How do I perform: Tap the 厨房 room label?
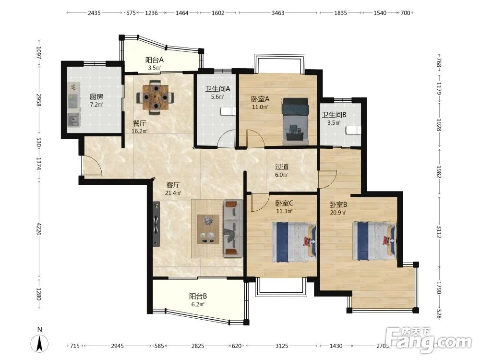(x=96, y=97)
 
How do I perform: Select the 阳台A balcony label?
(x=155, y=60)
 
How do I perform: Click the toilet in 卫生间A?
(x=228, y=111)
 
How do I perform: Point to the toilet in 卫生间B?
(x=353, y=130)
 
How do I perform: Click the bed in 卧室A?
(x=295, y=121)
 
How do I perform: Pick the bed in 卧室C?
(x=294, y=242)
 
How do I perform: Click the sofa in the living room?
(x=233, y=228)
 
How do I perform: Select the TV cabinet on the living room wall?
(x=156, y=224)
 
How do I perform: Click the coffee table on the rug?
(x=208, y=229)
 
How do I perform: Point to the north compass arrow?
(x=39, y=343)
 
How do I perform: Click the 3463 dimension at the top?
(x=278, y=13)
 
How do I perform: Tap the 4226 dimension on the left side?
(x=39, y=229)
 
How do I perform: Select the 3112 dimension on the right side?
(x=439, y=232)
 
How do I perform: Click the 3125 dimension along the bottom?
(x=282, y=346)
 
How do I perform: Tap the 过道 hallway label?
(x=282, y=167)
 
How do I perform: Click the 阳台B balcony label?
(x=198, y=296)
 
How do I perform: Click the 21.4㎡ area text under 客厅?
(x=173, y=193)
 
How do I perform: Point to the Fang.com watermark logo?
(x=429, y=340)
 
